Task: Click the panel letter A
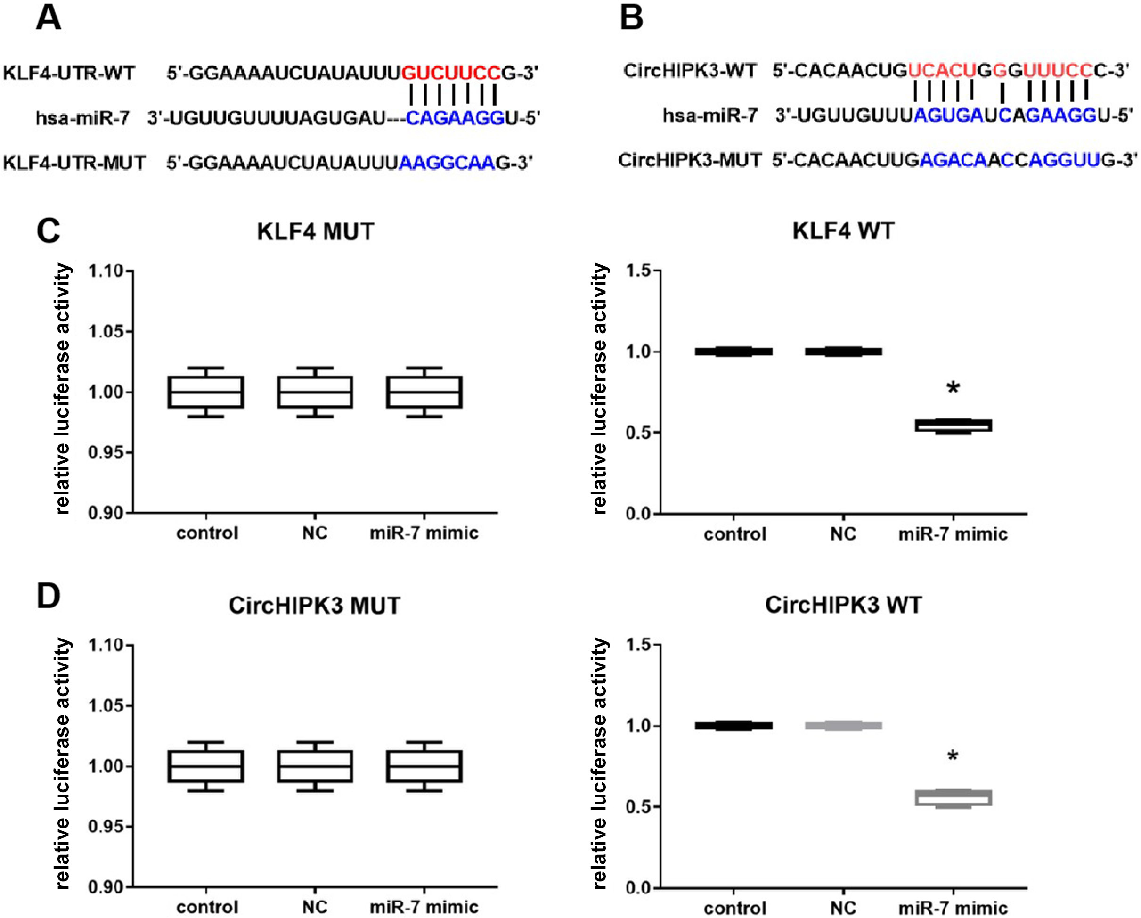pyautogui.click(x=48, y=18)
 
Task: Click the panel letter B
pyautogui.click(x=631, y=18)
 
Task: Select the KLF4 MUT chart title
pyautogui.click(x=316, y=232)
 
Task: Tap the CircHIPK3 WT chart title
pyautogui.click(x=844, y=605)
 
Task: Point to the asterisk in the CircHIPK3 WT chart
pyautogui.click(x=953, y=756)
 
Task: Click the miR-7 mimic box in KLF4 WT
pyautogui.click(x=953, y=426)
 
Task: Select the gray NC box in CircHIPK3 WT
pyautogui.click(x=844, y=725)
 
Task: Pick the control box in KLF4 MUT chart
pyautogui.click(x=206, y=392)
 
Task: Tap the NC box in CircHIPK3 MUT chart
pyautogui.click(x=315, y=766)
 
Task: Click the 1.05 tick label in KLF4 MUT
pyautogui.click(x=106, y=332)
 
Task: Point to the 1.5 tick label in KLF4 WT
pyautogui.click(x=639, y=271)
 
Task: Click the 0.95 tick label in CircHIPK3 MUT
pyautogui.click(x=106, y=827)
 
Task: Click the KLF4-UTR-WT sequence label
pyautogui.click(x=69, y=73)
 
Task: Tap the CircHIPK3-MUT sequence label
pyautogui.click(x=690, y=160)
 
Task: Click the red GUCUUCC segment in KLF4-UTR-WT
pyautogui.click(x=451, y=73)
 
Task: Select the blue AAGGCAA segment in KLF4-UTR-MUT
pyautogui.click(x=447, y=163)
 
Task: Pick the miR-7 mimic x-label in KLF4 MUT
pyautogui.click(x=424, y=533)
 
